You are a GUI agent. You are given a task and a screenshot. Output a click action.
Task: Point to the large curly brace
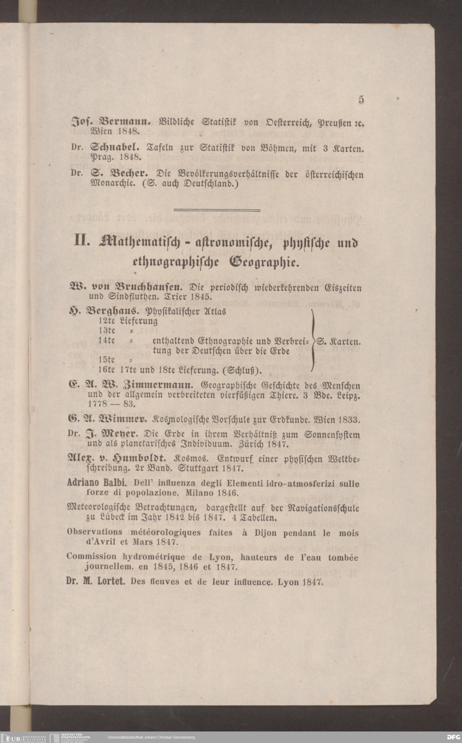point(313,340)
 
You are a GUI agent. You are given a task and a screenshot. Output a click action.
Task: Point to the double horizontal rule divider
point(217,210)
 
